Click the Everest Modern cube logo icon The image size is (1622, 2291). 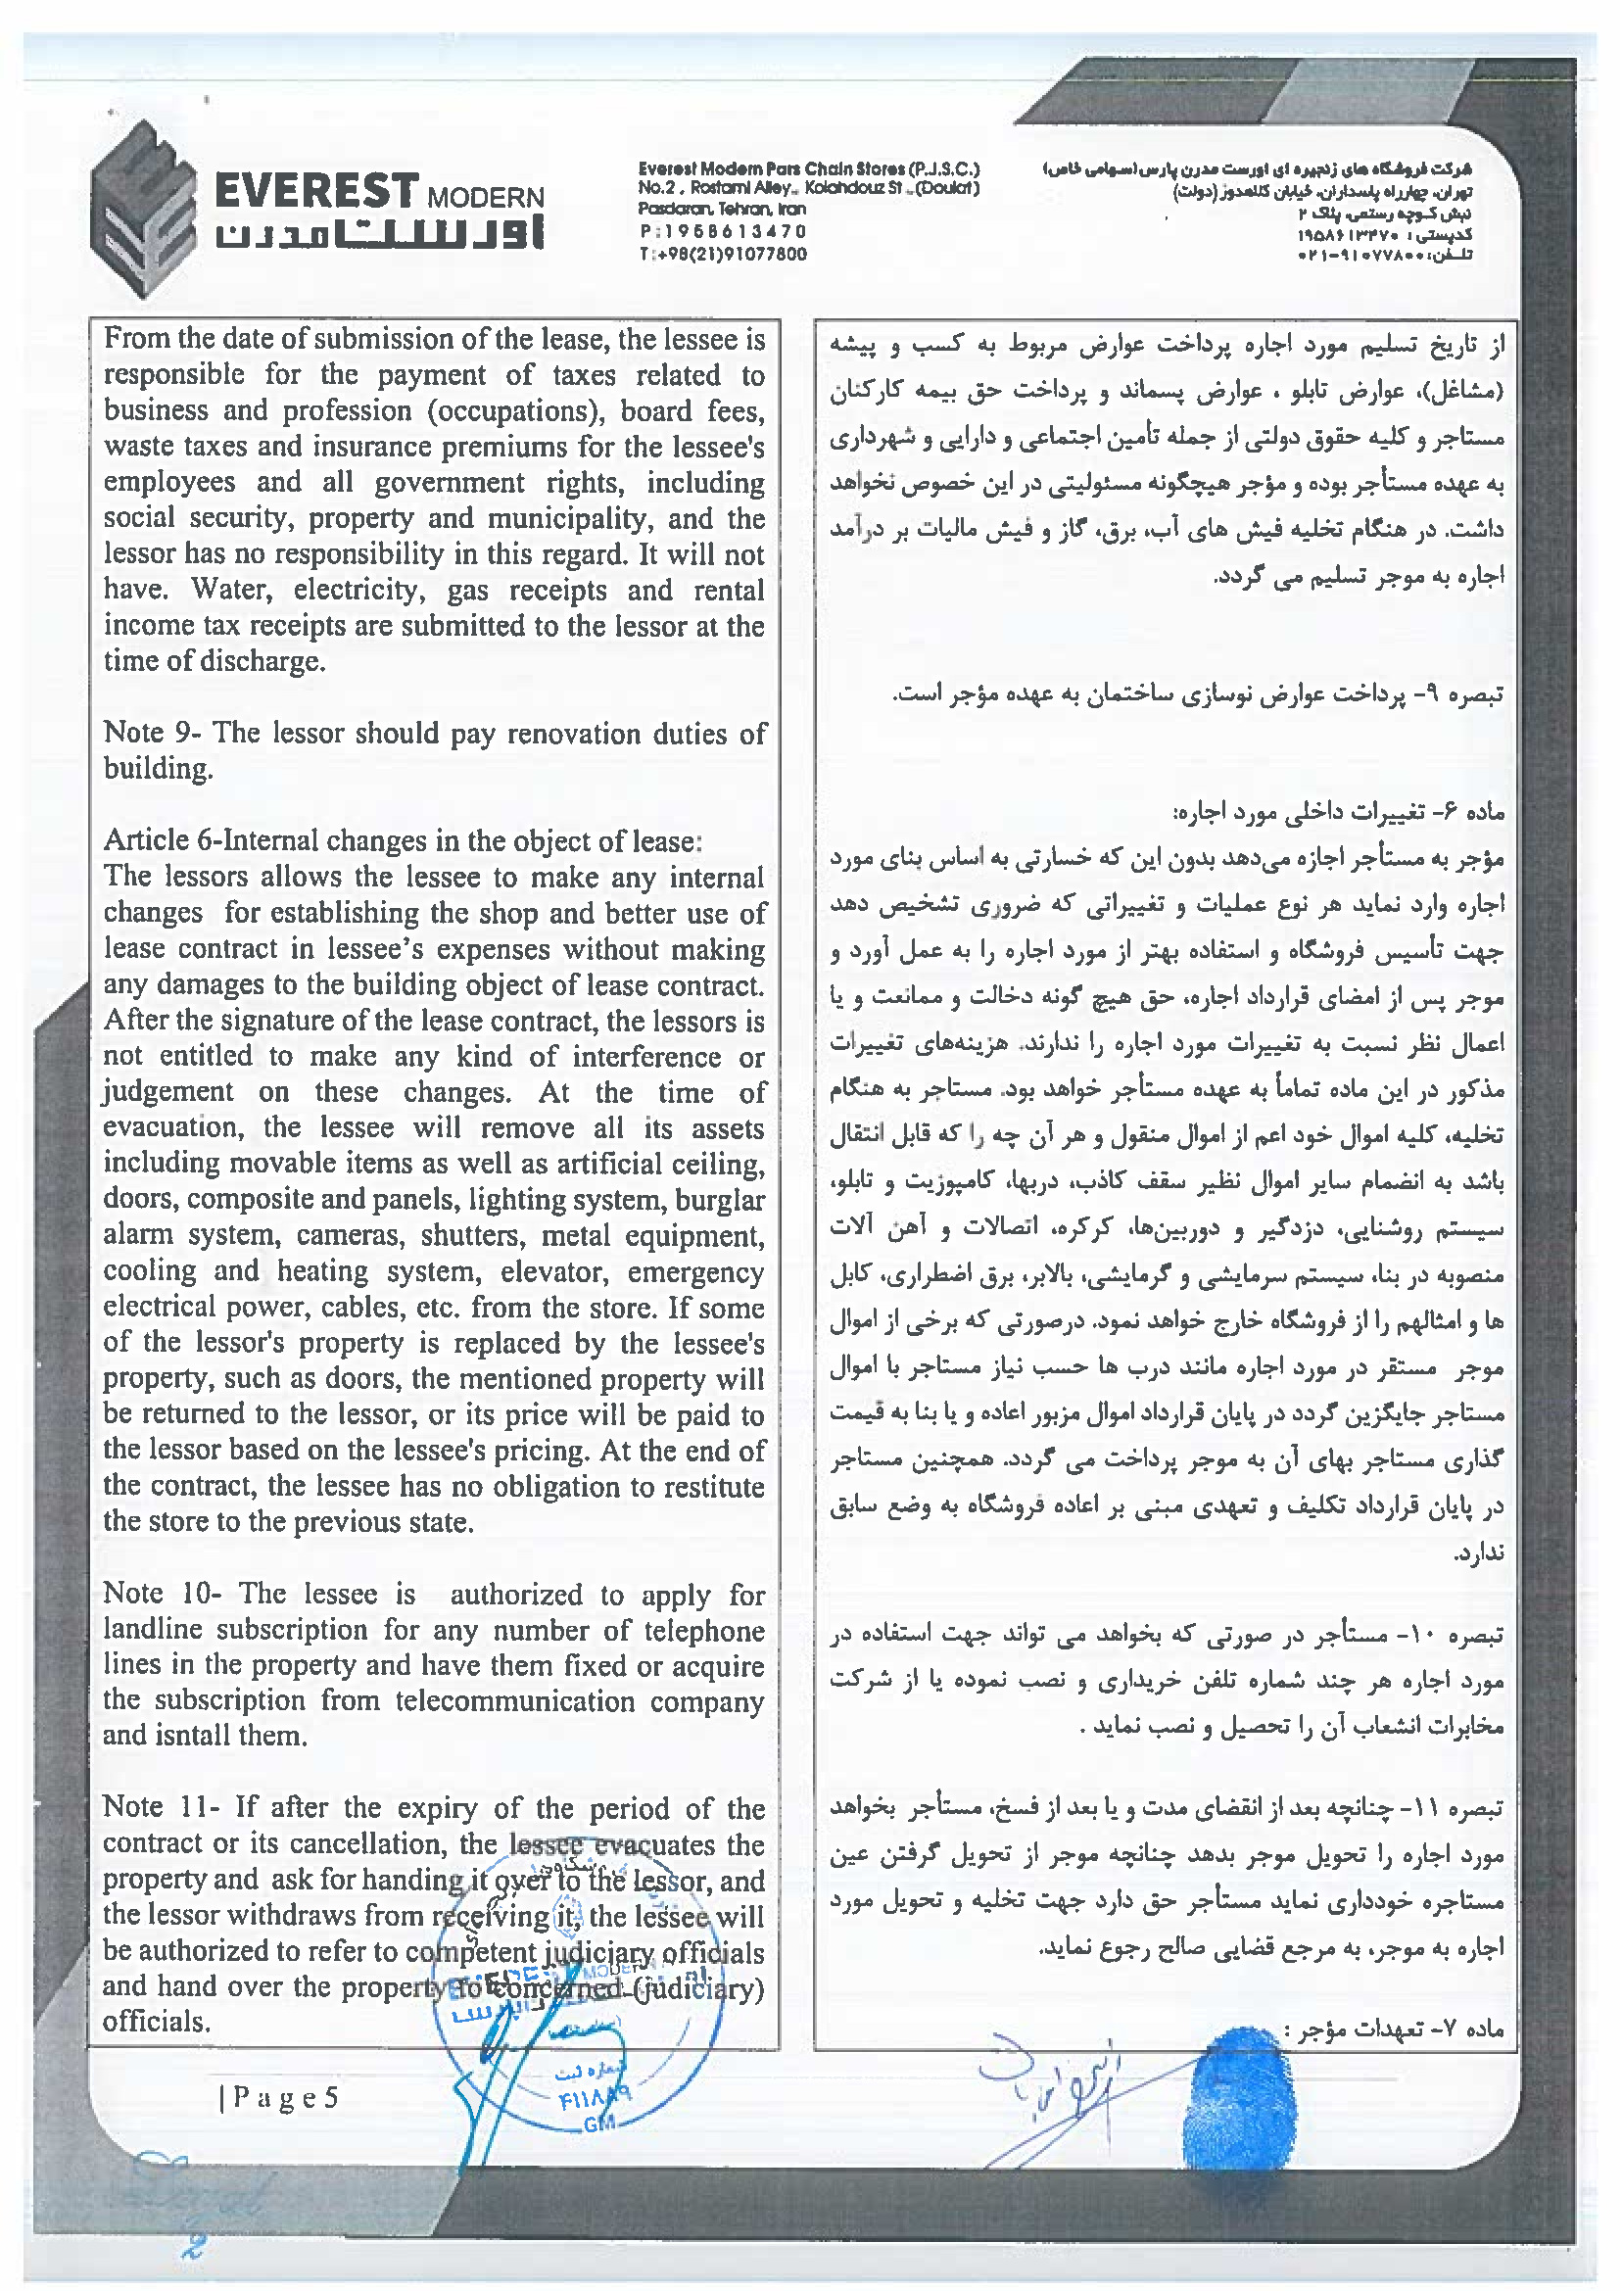(x=142, y=208)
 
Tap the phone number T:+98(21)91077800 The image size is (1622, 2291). (x=722, y=254)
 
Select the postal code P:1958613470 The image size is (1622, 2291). (x=722, y=232)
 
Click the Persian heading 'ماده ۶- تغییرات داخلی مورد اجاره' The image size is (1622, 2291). (x=1338, y=812)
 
